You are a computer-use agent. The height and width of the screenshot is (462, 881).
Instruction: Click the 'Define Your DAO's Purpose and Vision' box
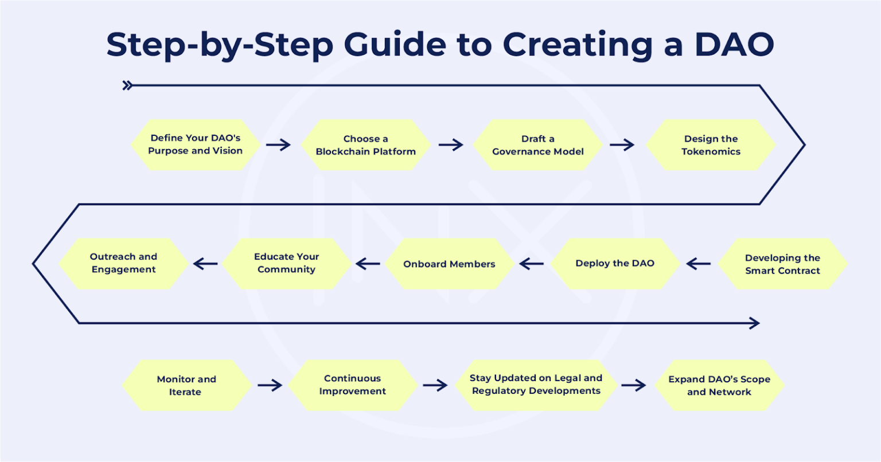tap(196, 144)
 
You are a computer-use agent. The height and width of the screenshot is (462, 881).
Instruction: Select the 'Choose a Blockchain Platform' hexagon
tap(366, 145)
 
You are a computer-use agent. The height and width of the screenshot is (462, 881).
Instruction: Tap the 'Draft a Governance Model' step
tap(538, 145)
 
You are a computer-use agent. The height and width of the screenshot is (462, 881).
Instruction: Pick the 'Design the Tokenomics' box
tap(711, 145)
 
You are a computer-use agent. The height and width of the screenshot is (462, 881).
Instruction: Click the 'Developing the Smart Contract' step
tap(782, 264)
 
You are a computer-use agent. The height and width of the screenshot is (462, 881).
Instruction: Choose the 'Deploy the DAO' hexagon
tap(615, 264)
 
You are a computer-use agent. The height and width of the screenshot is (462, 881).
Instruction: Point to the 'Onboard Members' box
tap(449, 264)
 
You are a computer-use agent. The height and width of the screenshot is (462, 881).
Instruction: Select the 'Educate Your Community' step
tap(286, 263)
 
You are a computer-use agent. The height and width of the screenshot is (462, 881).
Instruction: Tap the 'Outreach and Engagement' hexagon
tap(123, 263)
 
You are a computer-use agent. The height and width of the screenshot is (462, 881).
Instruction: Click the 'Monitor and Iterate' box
tap(186, 385)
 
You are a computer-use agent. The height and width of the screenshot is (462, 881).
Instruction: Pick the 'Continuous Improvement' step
tap(352, 385)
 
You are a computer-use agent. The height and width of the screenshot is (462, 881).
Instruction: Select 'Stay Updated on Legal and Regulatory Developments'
tap(536, 385)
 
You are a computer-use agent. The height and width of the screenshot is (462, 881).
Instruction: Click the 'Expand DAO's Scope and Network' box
tap(719, 385)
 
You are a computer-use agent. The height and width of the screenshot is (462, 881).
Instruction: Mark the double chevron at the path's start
tap(127, 86)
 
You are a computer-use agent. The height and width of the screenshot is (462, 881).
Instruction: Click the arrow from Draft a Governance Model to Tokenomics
tap(622, 145)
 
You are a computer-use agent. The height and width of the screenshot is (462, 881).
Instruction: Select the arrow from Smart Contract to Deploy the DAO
tap(698, 264)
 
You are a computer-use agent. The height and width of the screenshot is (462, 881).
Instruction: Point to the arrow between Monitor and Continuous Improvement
tap(270, 385)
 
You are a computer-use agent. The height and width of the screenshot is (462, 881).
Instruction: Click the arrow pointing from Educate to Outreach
tap(205, 264)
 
